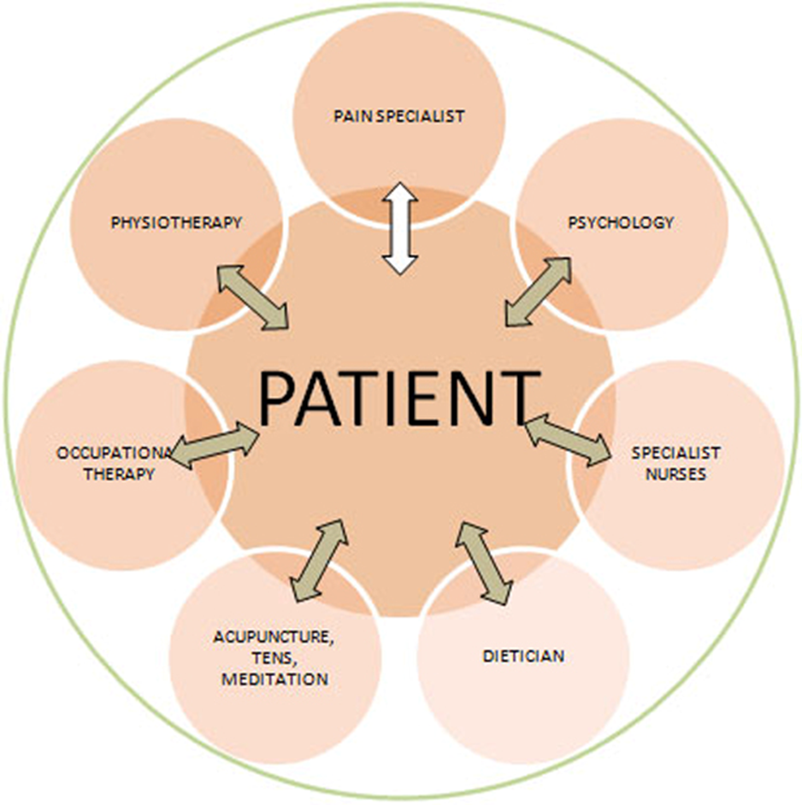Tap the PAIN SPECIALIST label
point(399,116)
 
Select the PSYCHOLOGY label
point(622,223)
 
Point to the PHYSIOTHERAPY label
point(177,223)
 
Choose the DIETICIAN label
point(523,656)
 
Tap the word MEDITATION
point(274,679)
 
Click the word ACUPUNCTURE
point(274,638)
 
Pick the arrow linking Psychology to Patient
point(538,291)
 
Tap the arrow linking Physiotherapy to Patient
point(252,297)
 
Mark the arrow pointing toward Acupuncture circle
point(319,561)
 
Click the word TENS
point(274,659)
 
